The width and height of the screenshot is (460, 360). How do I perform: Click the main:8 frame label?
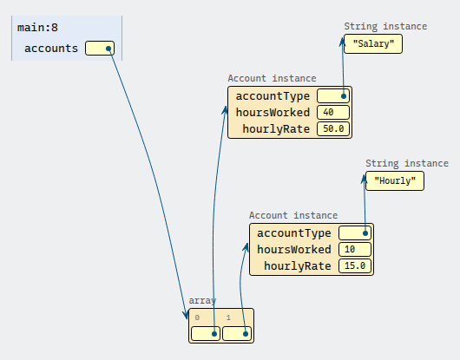[37, 28]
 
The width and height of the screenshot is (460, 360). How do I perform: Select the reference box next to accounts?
[100, 48]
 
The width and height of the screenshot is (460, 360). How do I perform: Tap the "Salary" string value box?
[373, 43]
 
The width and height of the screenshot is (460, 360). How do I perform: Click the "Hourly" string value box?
[395, 181]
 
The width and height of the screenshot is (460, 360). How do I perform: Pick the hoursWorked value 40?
[333, 112]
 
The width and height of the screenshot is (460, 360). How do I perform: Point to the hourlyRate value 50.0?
[333, 128]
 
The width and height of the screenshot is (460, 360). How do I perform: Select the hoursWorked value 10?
[355, 250]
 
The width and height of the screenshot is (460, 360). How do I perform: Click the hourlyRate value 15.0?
[355, 266]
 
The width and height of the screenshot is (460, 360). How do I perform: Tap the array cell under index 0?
[206, 334]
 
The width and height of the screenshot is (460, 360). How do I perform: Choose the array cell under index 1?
[237, 334]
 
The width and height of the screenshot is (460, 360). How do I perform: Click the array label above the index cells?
[202, 300]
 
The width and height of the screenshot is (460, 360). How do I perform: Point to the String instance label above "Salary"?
[385, 26]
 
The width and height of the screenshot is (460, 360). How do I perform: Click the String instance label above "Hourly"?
[407, 163]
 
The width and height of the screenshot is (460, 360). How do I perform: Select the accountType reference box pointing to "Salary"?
[333, 96]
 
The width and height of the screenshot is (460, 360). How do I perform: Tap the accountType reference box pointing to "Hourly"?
[355, 233]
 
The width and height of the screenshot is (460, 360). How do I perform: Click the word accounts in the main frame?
[51, 49]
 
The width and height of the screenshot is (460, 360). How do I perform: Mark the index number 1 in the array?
[228, 317]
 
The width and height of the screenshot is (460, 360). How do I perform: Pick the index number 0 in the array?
[197, 317]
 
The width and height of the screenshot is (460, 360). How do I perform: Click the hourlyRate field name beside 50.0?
[276, 129]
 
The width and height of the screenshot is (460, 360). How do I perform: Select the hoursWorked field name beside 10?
[294, 250]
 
